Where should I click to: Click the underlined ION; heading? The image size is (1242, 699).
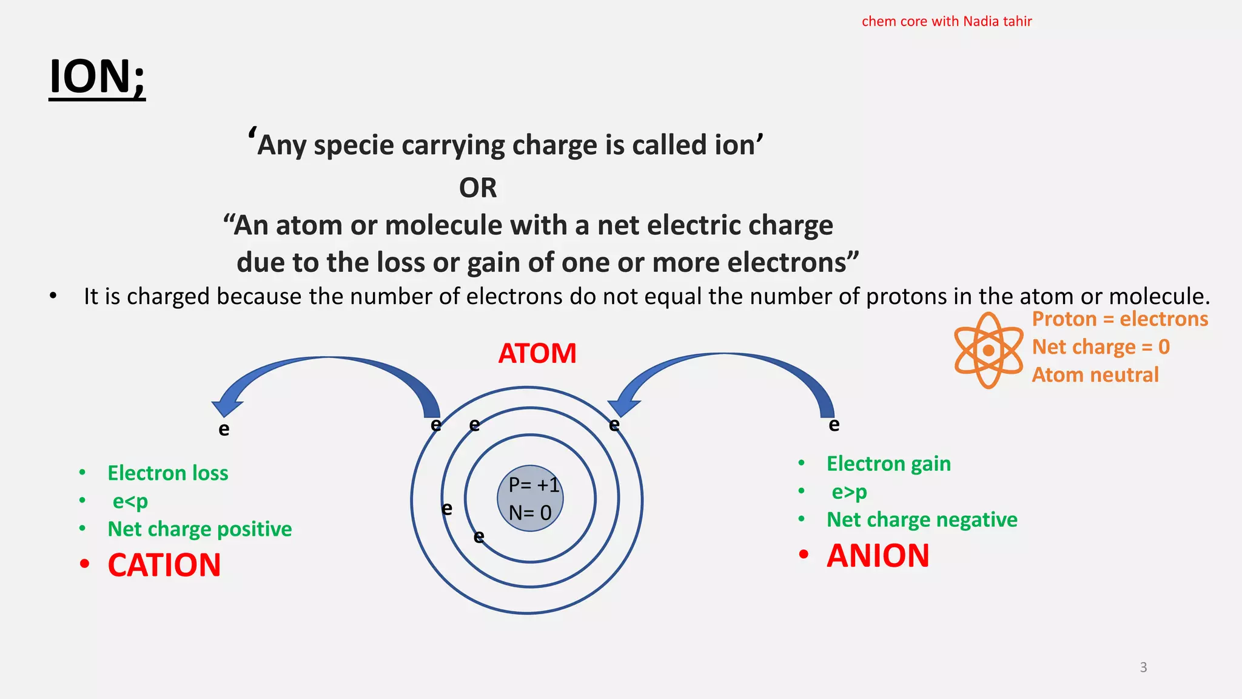(97, 77)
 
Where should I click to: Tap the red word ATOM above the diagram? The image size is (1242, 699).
(537, 353)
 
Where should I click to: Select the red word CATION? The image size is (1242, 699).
(164, 565)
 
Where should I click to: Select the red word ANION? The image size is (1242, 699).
(878, 556)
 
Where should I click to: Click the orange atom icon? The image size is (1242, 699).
(989, 350)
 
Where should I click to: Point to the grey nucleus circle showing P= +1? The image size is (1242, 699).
(530, 498)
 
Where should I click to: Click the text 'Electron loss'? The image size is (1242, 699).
(167, 473)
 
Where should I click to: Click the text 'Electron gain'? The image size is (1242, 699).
(888, 464)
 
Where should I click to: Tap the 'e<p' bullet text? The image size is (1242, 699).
(130, 501)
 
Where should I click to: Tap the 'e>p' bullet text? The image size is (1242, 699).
(849, 491)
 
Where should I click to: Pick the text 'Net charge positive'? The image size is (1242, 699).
(200, 529)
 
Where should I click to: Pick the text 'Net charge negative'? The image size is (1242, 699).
(922, 520)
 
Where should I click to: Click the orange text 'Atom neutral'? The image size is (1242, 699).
(1095, 375)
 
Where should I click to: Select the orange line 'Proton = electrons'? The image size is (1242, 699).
(1120, 319)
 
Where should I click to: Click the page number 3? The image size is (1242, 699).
(1143, 667)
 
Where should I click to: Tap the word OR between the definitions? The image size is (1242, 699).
(478, 188)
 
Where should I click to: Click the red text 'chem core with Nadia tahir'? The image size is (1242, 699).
(947, 22)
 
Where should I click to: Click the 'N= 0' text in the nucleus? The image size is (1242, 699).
(530, 513)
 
